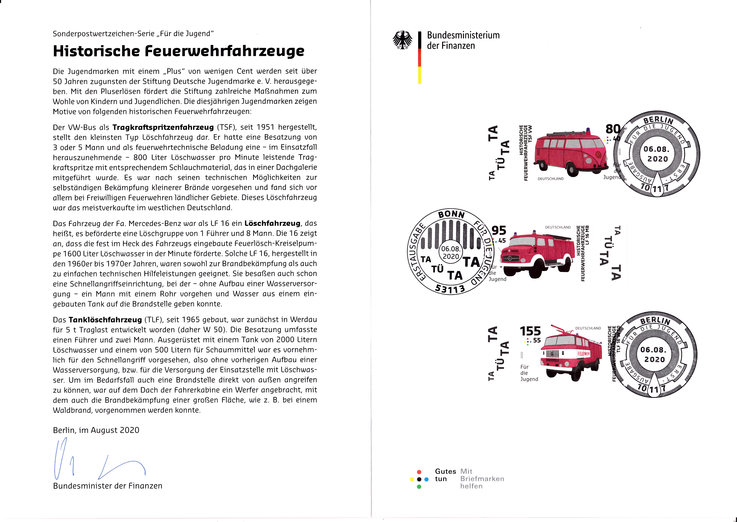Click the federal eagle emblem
(402, 40)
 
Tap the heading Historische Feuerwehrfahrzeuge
(179, 51)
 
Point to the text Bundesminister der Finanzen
(107, 486)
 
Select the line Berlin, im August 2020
(96, 430)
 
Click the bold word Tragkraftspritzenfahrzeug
(163, 127)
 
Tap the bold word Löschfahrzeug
(272, 223)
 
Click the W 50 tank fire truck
(571, 354)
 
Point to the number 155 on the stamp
(530, 331)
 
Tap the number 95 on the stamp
(499, 231)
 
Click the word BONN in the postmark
(451, 214)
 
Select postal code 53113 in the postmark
(450, 289)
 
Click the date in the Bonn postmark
(451, 253)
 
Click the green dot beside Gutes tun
(419, 487)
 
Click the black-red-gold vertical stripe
(419, 58)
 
